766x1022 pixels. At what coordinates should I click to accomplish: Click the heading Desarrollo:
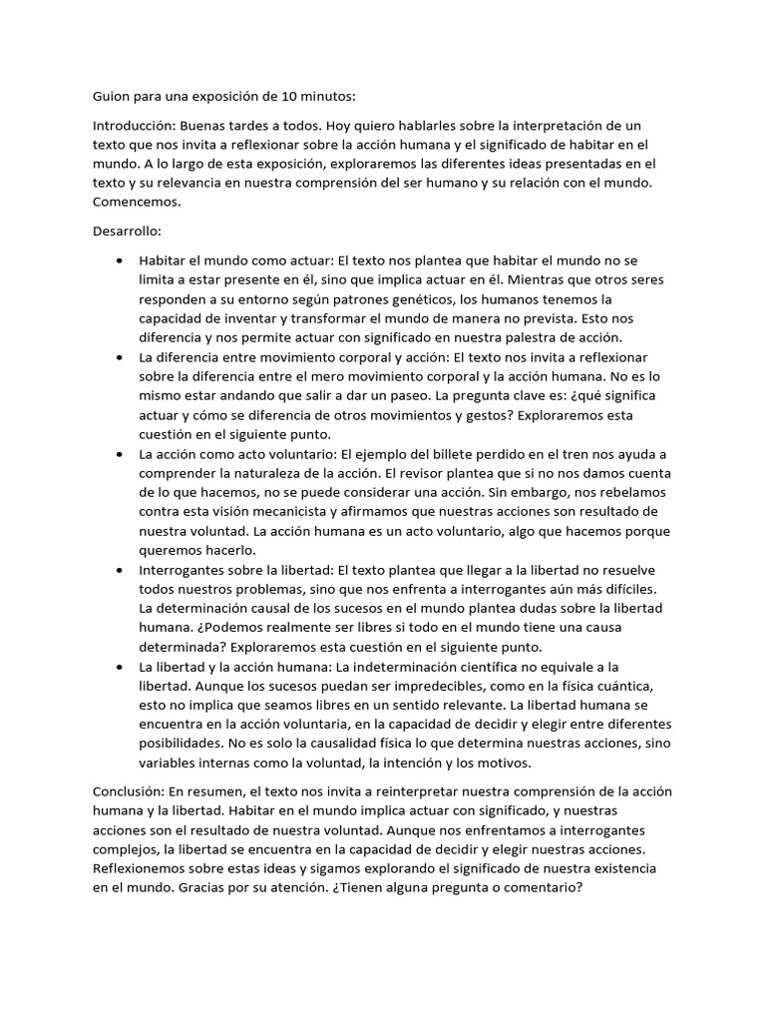(x=128, y=231)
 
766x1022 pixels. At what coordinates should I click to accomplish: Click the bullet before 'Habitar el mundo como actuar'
(x=121, y=261)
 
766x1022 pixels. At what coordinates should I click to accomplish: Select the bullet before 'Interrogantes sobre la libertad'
(x=121, y=569)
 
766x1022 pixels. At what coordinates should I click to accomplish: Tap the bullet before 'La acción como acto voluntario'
(x=121, y=453)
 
